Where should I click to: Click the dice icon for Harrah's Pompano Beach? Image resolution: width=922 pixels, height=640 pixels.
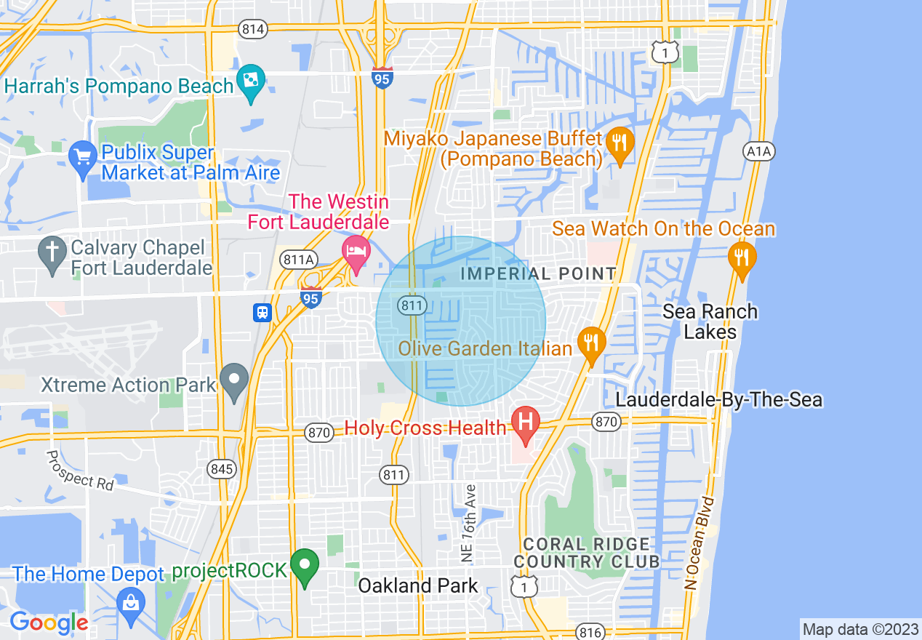coord(251,82)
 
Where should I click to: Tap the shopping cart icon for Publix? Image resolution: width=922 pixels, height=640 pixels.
coord(82,156)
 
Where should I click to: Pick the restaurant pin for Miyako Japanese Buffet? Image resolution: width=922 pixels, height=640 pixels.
coord(620,141)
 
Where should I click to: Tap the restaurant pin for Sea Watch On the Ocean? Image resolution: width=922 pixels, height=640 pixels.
coord(741,257)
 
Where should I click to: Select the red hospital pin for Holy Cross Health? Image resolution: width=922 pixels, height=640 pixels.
coord(526,422)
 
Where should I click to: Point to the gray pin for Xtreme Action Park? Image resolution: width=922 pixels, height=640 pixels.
coord(234,380)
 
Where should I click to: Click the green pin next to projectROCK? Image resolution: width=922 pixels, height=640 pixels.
coord(305,565)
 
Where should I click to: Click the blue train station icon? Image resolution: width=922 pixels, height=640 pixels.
coord(262,312)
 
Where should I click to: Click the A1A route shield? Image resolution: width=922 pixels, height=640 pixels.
coord(759,151)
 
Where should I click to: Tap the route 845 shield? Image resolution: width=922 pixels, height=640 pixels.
coord(220,468)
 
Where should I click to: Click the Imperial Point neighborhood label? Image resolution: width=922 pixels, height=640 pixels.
coord(538,274)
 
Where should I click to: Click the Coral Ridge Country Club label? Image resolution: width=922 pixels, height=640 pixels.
coord(586,553)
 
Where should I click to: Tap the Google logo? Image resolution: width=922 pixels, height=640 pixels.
coord(49,623)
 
